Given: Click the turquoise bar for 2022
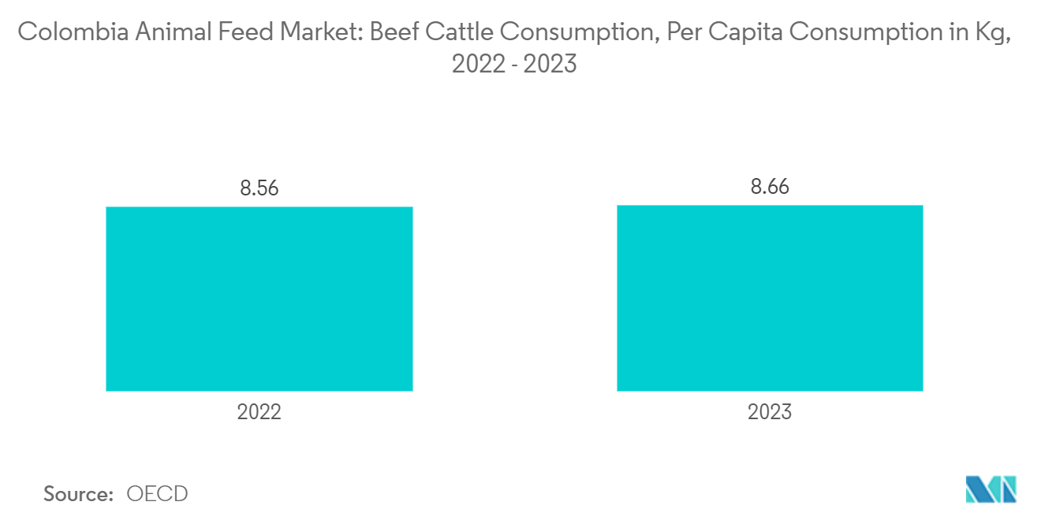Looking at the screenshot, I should [259, 299].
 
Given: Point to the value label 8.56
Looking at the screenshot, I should [259, 189].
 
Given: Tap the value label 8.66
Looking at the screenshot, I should [770, 188].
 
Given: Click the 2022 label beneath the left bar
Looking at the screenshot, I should [259, 412].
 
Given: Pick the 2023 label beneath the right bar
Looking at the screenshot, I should [770, 412].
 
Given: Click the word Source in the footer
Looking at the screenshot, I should [78, 494].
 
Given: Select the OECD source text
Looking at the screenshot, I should [157, 494].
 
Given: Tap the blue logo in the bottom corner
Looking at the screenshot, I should [991, 489].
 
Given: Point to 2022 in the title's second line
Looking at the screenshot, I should [478, 64].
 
